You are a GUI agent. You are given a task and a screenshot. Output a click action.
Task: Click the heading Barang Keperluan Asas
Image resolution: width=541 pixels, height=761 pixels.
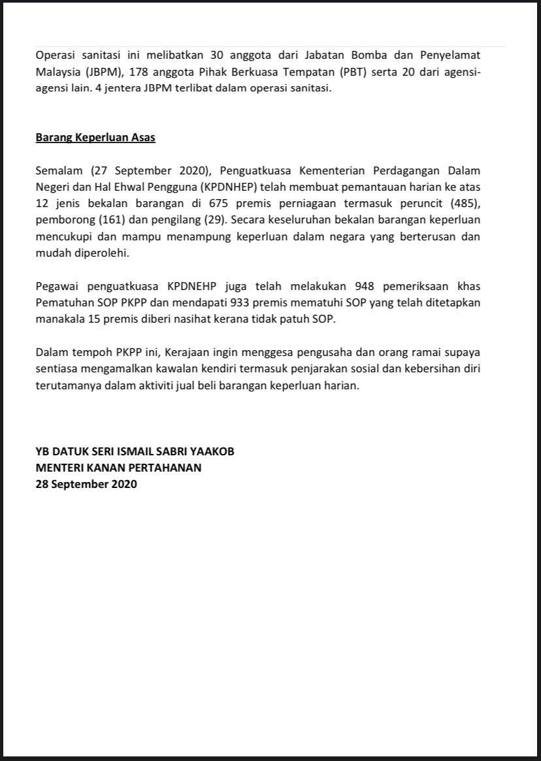(95, 138)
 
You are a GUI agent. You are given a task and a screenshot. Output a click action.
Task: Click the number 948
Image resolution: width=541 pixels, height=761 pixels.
(364, 287)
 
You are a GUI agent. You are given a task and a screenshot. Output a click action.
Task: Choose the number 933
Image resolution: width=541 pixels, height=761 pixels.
(233, 303)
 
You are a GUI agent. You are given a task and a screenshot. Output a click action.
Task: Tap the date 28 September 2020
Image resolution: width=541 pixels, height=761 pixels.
(86, 484)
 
